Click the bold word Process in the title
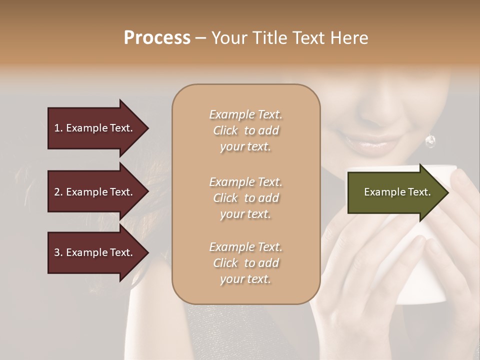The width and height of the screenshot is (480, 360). click(157, 38)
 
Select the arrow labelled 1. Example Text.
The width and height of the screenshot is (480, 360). click(95, 128)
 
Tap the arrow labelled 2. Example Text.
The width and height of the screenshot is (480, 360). click(95, 192)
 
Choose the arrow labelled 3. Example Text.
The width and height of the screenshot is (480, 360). click(95, 252)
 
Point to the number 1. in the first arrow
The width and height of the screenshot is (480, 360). click(58, 128)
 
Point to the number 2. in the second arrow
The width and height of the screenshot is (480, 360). click(58, 192)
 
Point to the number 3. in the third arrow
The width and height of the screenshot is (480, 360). click(58, 252)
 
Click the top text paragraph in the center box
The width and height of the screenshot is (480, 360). click(245, 130)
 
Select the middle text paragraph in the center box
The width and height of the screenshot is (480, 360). click(245, 198)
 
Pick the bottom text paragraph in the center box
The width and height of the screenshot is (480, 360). click(245, 263)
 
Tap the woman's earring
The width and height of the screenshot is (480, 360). click(430, 141)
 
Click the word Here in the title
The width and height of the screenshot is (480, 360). click(350, 38)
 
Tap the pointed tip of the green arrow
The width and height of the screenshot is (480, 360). click(447, 192)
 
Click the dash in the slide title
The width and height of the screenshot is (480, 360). click(200, 38)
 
